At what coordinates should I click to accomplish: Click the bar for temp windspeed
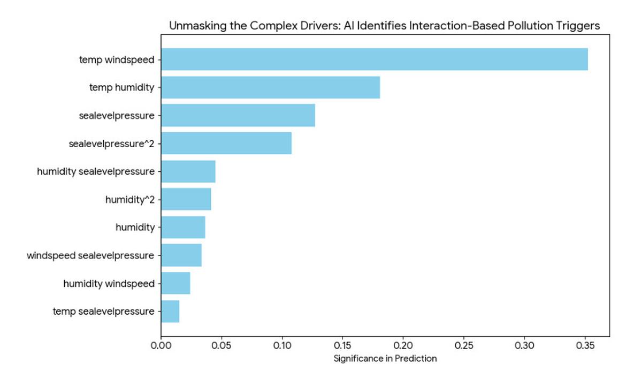coord(374,59)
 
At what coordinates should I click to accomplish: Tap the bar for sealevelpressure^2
coord(226,143)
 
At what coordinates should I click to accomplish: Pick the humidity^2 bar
coord(186,199)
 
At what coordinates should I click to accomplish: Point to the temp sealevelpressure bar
coord(170,311)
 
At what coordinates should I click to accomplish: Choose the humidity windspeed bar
coord(175,283)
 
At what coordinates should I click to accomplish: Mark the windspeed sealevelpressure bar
coord(181,255)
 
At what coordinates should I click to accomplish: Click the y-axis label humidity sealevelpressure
coord(96,171)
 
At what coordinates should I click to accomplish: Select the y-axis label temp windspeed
coord(117,59)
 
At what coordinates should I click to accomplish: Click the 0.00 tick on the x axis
coord(161,345)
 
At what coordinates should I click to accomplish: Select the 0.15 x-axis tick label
coord(343,345)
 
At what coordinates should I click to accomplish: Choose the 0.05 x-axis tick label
coord(221,345)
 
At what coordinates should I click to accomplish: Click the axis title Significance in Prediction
coord(385,359)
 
